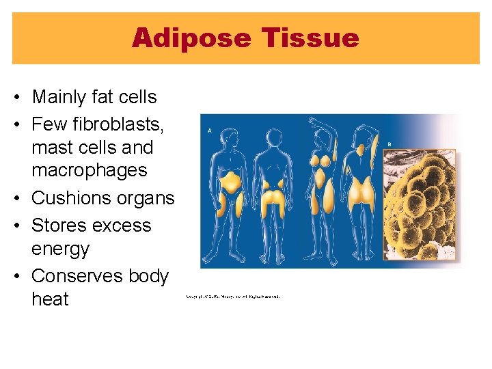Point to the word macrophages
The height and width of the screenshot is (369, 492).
[x=89, y=169]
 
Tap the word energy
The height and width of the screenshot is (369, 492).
[x=60, y=249]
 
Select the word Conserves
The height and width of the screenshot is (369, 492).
[x=77, y=275]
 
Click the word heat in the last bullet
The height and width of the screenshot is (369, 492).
[x=50, y=299]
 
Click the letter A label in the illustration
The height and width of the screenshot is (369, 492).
[x=209, y=129]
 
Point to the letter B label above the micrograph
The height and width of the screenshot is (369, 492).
[x=389, y=144]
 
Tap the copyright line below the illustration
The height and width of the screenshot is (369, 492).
[x=232, y=296]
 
